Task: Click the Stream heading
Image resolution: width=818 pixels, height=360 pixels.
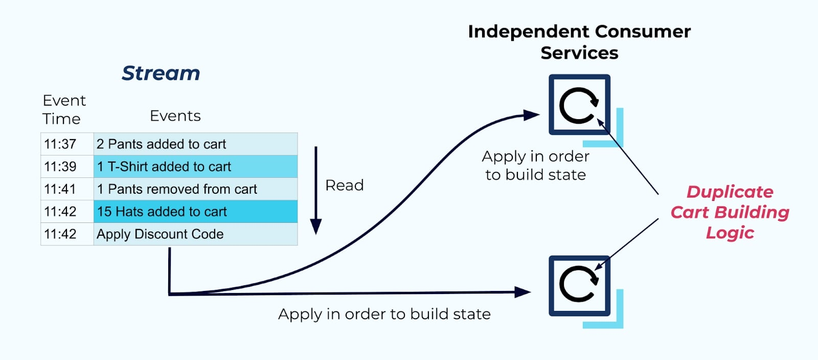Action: pyautogui.click(x=161, y=73)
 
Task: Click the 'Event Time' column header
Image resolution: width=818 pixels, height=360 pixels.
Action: pyautogui.click(x=63, y=109)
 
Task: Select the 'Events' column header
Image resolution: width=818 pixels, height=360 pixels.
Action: pyautogui.click(x=175, y=116)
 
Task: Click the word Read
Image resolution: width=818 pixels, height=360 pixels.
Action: pyautogui.click(x=344, y=185)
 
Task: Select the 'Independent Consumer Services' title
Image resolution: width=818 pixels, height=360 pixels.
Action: pyautogui.click(x=579, y=42)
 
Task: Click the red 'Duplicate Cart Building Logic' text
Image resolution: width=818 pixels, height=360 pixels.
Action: pyautogui.click(x=730, y=212)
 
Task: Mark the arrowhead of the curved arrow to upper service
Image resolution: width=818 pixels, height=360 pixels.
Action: pyautogui.click(x=532, y=115)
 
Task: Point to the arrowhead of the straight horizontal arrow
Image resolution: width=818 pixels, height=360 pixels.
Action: pyautogui.click(x=523, y=292)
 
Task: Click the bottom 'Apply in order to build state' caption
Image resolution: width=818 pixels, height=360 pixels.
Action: pyautogui.click(x=384, y=314)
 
